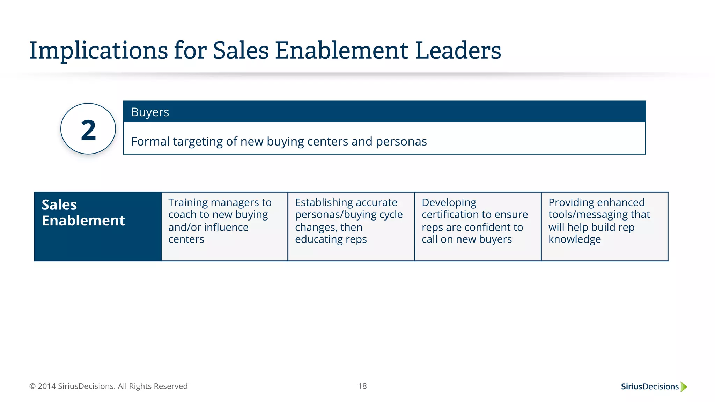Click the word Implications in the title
click(98, 51)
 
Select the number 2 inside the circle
click(88, 130)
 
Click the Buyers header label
click(150, 112)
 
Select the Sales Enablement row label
click(83, 213)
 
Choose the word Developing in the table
click(449, 202)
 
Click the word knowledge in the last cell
click(575, 239)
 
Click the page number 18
click(362, 386)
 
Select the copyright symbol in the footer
click(32, 386)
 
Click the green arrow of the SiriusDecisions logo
click(684, 387)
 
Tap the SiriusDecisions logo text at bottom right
click(650, 387)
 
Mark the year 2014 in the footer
click(47, 386)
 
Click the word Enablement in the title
click(341, 50)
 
